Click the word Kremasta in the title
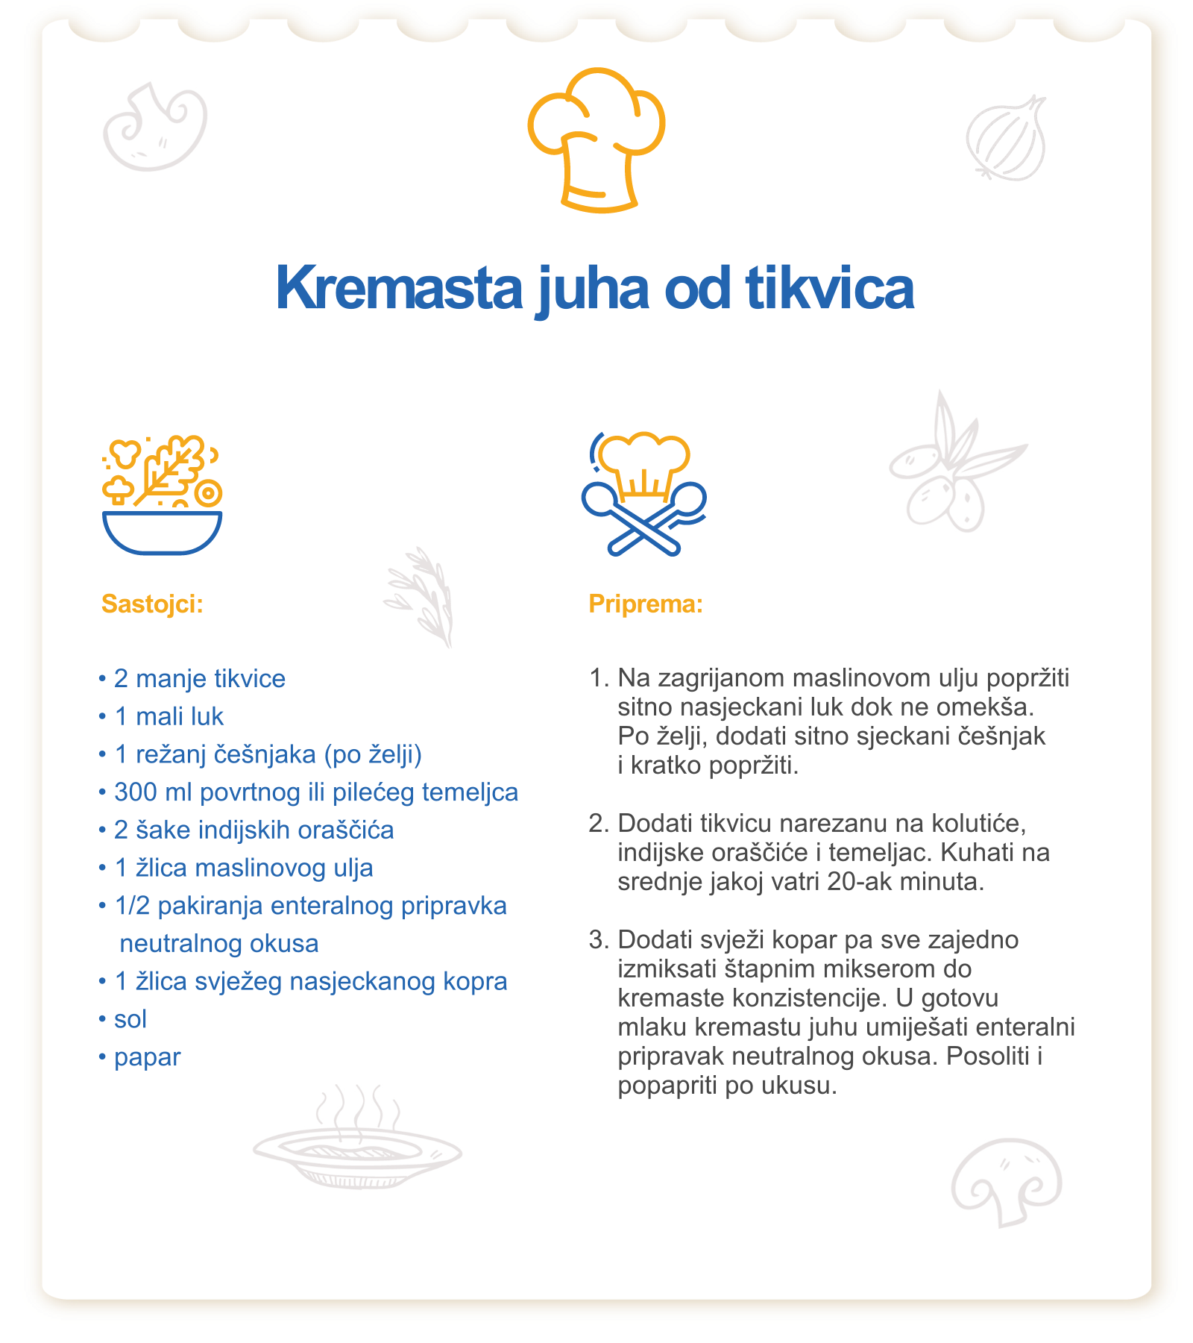(399, 289)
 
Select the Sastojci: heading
(152, 604)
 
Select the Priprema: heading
(646, 604)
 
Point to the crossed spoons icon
(644, 515)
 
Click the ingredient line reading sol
(130, 1019)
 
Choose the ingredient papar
(147, 1057)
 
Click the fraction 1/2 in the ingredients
(132, 906)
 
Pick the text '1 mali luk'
(169, 717)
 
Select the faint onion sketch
(1007, 139)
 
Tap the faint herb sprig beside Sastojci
(421, 597)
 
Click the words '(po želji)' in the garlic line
(373, 755)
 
